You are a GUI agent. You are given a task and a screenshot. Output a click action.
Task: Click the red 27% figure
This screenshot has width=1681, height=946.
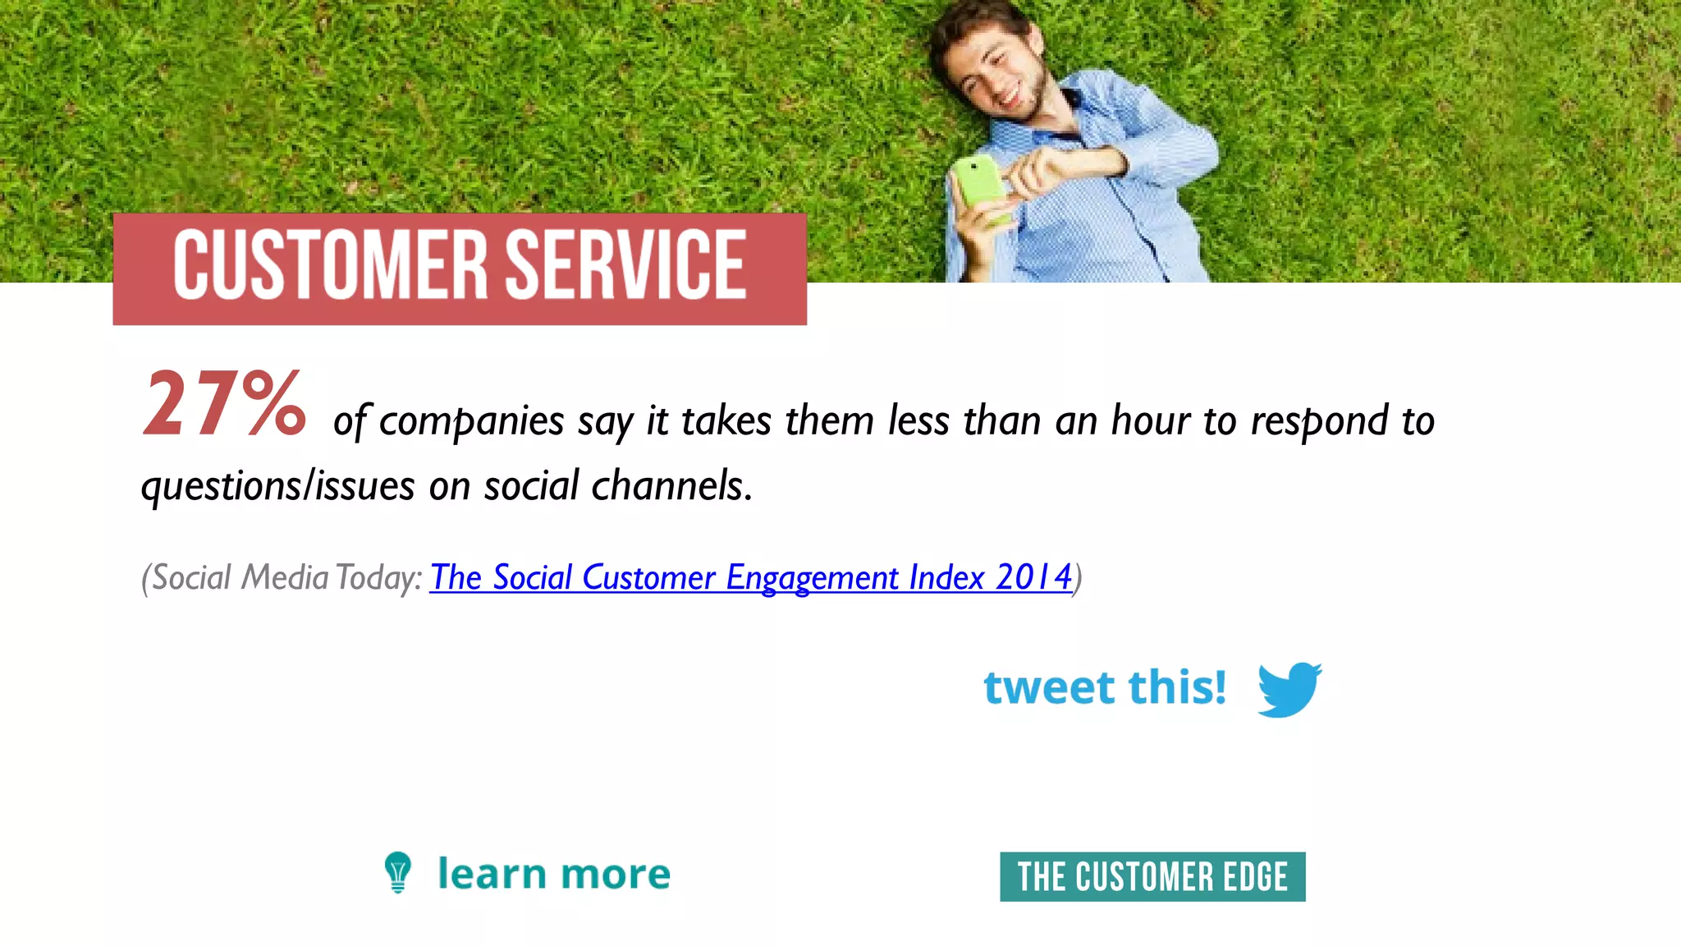[224, 404]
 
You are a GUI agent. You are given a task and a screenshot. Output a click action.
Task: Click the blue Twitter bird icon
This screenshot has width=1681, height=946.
[1289, 689]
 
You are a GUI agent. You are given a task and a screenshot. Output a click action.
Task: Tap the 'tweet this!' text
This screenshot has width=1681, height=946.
[1105, 687]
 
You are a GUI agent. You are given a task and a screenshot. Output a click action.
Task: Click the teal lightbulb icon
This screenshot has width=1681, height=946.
[398, 872]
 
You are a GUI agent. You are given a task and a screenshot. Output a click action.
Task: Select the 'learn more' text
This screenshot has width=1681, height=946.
[554, 874]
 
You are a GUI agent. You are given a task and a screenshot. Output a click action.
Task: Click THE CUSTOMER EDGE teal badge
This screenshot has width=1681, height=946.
[1152, 877]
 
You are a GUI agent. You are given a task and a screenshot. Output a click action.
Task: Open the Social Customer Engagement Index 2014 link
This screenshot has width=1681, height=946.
[750, 577]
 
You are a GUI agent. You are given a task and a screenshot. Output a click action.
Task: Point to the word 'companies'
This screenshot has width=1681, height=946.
[471, 422]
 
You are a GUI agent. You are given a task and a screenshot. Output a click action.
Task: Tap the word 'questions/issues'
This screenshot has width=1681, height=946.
[278, 486]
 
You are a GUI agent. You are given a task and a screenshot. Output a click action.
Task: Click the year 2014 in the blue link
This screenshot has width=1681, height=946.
[1033, 577]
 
